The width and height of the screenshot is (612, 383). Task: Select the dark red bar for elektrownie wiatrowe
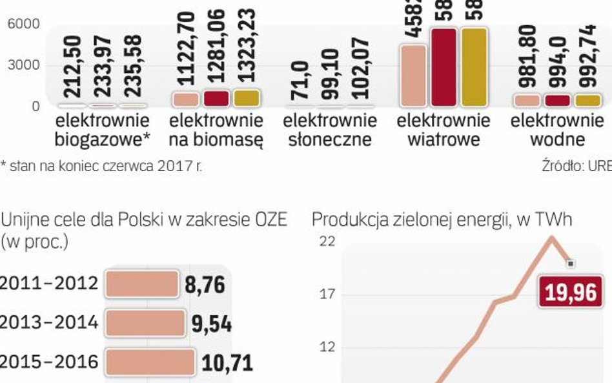click(444, 68)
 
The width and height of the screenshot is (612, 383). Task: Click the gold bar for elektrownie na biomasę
click(245, 98)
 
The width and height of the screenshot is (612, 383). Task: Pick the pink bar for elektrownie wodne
click(527, 100)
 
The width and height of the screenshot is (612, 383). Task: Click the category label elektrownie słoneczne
click(330, 130)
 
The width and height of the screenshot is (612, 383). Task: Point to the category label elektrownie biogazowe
click(102, 130)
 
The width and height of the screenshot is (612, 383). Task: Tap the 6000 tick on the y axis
click(23, 24)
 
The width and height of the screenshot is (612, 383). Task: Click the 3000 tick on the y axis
click(23, 65)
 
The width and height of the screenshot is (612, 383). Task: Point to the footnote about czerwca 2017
click(101, 166)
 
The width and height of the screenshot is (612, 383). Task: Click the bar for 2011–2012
click(141, 284)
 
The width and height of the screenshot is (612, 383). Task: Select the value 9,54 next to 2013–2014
click(211, 324)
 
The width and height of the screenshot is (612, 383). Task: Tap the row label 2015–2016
click(50, 362)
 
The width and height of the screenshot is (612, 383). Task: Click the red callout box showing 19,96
click(571, 293)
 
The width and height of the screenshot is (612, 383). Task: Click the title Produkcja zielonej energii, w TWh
click(442, 220)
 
